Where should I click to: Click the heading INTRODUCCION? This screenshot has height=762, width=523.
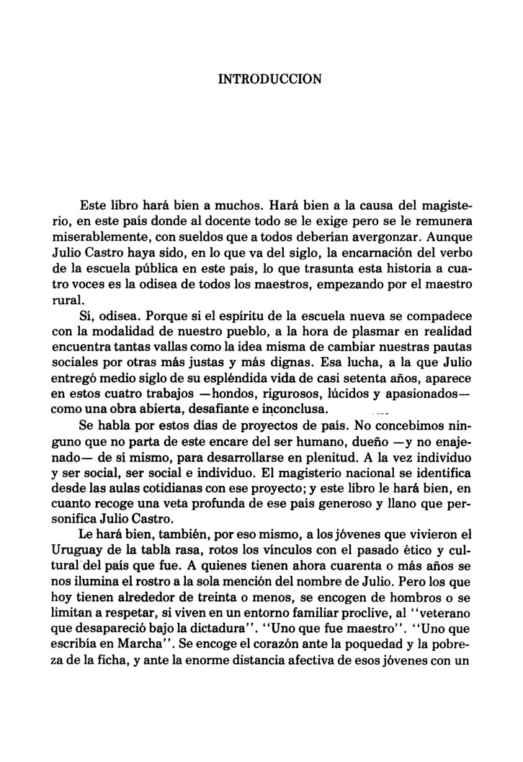269,77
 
